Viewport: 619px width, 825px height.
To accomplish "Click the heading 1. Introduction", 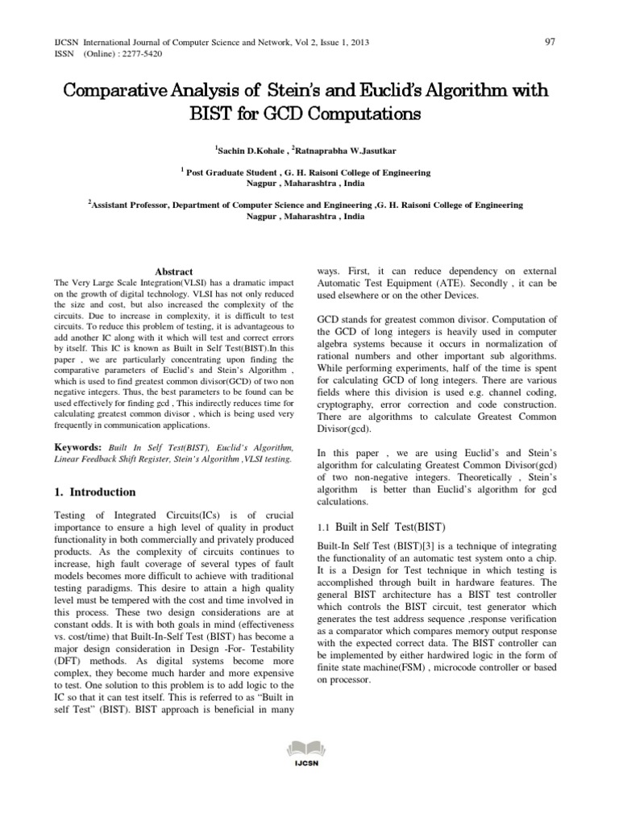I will point(95,491).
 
